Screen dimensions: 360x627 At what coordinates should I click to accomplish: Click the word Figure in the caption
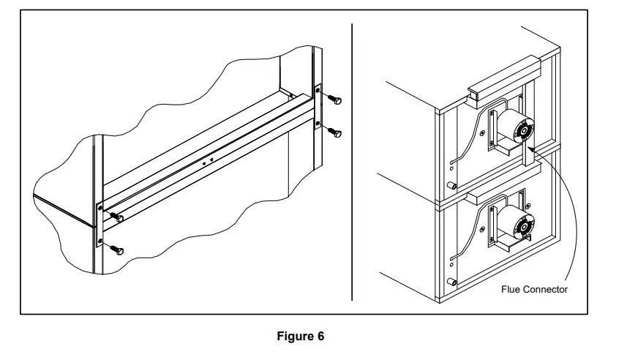click(294, 337)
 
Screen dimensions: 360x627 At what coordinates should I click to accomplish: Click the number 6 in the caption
click(320, 337)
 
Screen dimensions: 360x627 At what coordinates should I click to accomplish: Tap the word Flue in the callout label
click(511, 290)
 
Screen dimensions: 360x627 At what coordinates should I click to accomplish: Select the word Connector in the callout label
click(545, 290)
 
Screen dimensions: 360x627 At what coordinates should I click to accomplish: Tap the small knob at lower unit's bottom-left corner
click(454, 282)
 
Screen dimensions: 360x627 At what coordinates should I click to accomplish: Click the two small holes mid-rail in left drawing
click(207, 160)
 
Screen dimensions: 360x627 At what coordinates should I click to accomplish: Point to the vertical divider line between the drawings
click(353, 161)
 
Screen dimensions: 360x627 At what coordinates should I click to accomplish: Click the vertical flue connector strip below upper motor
click(528, 154)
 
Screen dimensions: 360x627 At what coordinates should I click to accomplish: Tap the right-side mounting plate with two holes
click(318, 107)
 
